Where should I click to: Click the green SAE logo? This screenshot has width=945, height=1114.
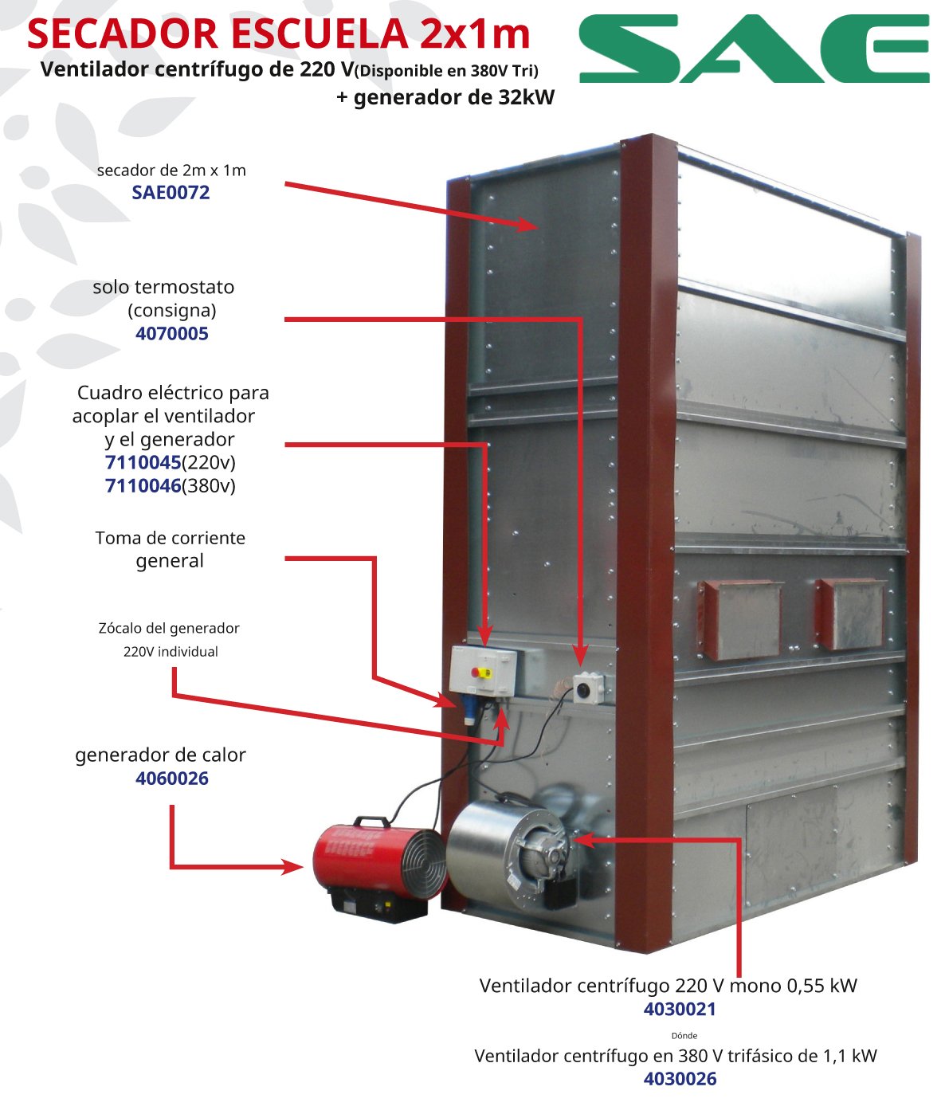point(754,49)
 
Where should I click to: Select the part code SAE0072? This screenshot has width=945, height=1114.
point(171,192)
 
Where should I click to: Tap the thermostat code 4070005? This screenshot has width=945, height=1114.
point(172,334)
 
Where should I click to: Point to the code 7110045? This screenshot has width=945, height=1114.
point(143,462)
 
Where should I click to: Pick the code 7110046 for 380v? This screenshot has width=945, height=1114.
point(143,485)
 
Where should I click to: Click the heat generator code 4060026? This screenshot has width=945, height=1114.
point(172,779)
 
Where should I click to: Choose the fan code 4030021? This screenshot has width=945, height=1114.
point(680,1009)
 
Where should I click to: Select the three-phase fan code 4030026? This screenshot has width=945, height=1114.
point(680,1078)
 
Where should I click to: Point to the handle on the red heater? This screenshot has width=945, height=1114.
point(371,822)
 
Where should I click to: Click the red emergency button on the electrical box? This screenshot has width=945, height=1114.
point(476,672)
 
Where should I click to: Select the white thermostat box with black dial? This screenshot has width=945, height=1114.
point(588,688)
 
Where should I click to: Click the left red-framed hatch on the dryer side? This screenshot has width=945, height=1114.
point(739,620)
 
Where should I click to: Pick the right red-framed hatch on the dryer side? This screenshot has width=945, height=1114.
point(850,614)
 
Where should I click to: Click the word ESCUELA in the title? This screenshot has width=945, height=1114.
point(320,34)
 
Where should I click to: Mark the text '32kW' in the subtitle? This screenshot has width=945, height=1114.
point(527,97)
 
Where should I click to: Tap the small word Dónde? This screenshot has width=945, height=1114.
point(684,1035)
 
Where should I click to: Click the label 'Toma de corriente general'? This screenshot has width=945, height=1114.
point(171,549)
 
